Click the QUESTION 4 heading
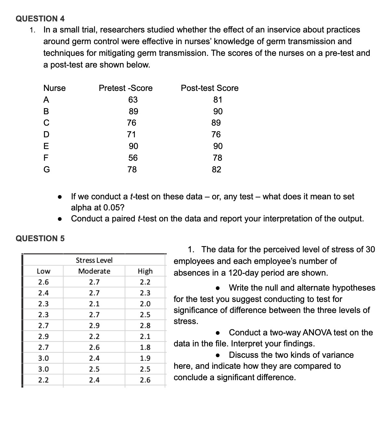(x=40, y=19)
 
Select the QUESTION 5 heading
(x=40, y=238)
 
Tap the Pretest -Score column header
(x=125, y=88)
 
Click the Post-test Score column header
(x=210, y=88)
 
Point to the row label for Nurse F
(x=46, y=158)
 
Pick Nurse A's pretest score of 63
(x=133, y=100)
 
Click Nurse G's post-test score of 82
(x=216, y=169)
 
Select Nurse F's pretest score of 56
(x=133, y=158)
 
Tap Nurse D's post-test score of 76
(x=216, y=134)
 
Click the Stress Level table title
(x=94, y=260)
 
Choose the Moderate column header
(x=94, y=271)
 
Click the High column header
(x=145, y=271)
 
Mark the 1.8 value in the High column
(x=145, y=347)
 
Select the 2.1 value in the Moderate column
(x=94, y=304)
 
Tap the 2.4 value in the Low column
(x=44, y=293)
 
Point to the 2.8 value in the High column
(x=145, y=326)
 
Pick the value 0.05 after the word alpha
(x=113, y=207)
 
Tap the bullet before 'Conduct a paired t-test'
(x=60, y=219)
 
